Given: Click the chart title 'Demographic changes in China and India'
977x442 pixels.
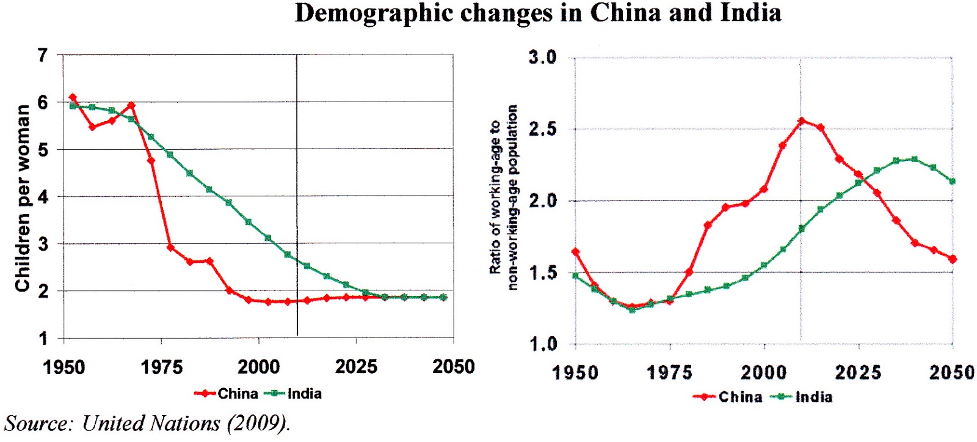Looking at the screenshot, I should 537,13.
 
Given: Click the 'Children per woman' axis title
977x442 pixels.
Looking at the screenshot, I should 23,197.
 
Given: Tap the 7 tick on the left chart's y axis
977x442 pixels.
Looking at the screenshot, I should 42,56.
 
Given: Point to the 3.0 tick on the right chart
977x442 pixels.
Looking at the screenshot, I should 542,58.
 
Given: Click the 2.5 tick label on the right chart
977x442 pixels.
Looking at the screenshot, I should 542,130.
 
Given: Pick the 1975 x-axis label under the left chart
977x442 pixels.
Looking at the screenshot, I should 161,367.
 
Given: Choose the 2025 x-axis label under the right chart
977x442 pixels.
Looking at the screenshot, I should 858,372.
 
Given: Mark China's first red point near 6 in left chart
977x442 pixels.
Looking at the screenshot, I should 73,98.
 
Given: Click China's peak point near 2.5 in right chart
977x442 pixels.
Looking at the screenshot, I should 802,121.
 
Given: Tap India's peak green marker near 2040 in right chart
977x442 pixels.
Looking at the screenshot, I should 914,160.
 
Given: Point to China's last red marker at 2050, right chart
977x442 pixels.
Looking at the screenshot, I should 953,259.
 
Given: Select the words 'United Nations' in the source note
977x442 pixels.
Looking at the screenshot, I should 151,424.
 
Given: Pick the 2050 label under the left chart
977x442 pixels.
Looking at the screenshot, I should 453,367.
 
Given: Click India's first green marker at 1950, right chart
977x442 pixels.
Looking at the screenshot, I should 575,276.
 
